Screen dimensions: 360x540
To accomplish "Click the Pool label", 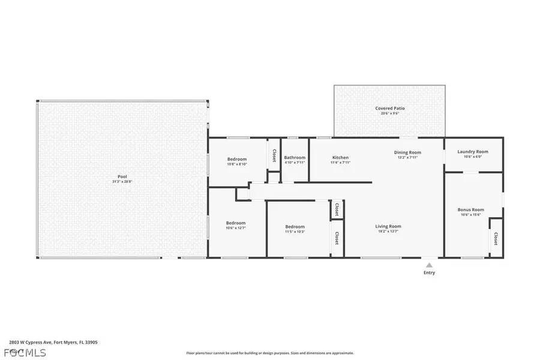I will (122, 176).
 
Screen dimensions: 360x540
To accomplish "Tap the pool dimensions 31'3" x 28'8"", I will (122, 182).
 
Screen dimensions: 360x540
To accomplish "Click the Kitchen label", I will (341, 158).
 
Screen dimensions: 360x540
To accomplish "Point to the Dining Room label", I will (407, 152).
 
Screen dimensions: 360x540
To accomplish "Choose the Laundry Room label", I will (473, 152).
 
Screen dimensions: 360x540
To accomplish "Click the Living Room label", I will (388, 226).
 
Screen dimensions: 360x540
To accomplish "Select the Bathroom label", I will (295, 158).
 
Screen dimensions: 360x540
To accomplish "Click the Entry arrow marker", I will (429, 264).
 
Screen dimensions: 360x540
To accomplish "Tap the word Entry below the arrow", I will (429, 272).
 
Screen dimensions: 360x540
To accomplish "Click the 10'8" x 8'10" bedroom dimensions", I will (237, 164).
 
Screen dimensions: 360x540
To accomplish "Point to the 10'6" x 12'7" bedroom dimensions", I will (236, 228).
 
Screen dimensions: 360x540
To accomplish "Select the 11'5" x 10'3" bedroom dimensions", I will (295, 232).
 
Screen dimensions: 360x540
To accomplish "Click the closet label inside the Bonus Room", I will (496, 239).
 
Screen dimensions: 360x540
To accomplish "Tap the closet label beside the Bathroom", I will (274, 155).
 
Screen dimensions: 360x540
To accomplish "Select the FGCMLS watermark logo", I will (23, 352).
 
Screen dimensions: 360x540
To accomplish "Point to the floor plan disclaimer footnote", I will (270, 353).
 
